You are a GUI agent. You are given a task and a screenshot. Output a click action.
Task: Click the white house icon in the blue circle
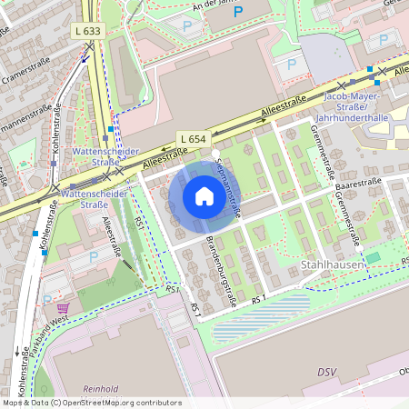pyautogui.click(x=204, y=196)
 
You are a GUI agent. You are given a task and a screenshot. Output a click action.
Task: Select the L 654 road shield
pyautogui.click(x=193, y=137)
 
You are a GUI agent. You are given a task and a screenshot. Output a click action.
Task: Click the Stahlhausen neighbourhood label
pyautogui.click(x=333, y=264)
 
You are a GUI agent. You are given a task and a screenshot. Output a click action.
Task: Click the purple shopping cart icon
pyautogui.click(x=63, y=309)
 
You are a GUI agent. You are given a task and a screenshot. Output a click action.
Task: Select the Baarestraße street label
pyautogui.click(x=357, y=183)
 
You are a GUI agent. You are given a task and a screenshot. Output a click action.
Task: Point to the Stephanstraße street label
pyautogui.click(x=228, y=185)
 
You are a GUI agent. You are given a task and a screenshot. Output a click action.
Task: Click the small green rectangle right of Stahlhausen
pyautogui.click(x=373, y=259)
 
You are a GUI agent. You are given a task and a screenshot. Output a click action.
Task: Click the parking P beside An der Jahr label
pyautogui.click(x=187, y=26)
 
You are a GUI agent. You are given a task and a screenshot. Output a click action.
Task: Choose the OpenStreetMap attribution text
pyautogui.click(x=91, y=402)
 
